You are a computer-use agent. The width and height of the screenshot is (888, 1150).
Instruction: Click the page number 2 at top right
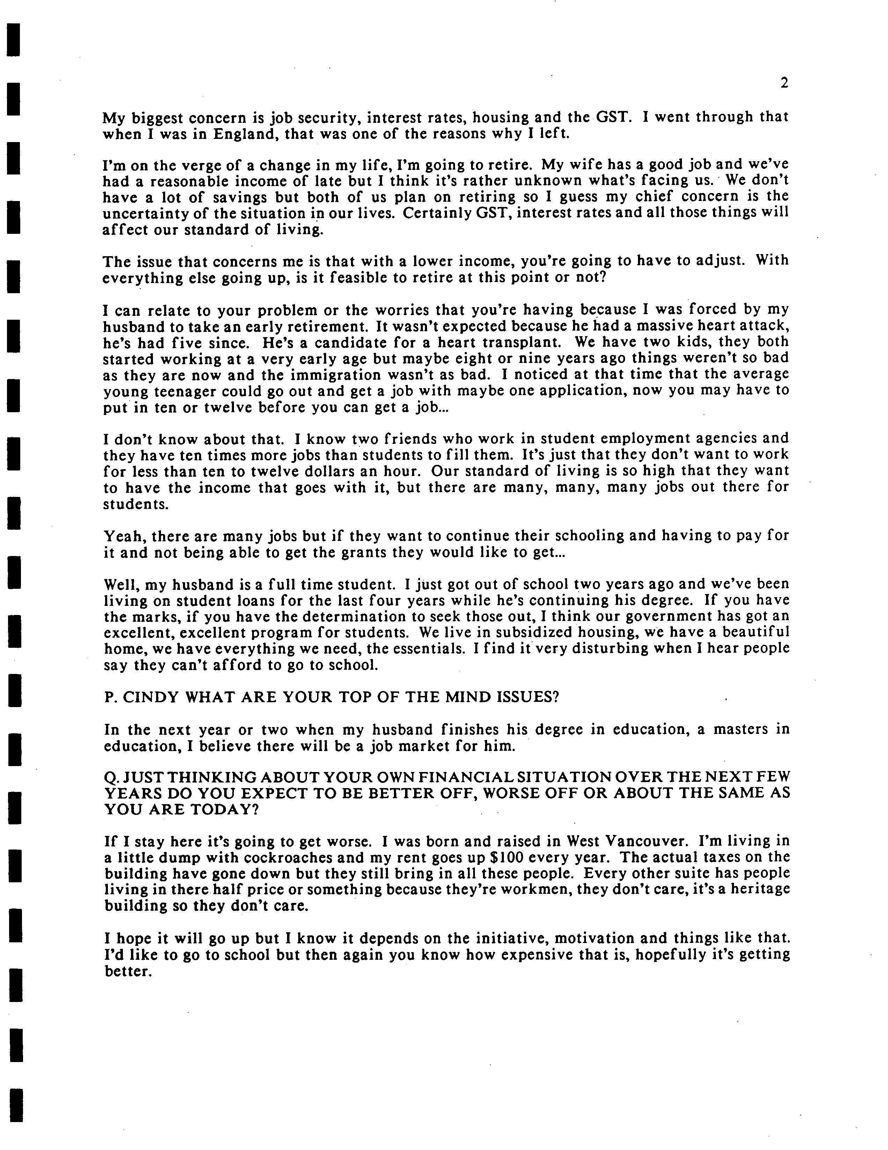click(784, 83)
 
